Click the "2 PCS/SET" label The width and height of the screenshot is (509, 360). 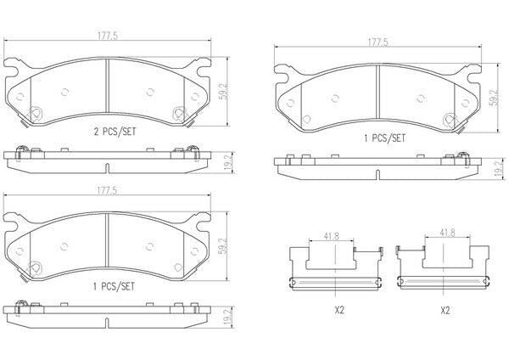(115, 132)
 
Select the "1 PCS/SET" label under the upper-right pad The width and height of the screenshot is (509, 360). (384, 138)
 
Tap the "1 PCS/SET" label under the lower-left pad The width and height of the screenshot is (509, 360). (114, 287)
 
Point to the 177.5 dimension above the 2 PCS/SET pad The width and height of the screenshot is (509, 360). (108, 36)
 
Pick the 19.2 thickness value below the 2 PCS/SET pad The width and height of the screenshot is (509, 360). (229, 162)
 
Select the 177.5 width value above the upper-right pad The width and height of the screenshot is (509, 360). (378, 42)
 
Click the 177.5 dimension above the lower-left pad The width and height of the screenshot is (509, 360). (108, 190)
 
